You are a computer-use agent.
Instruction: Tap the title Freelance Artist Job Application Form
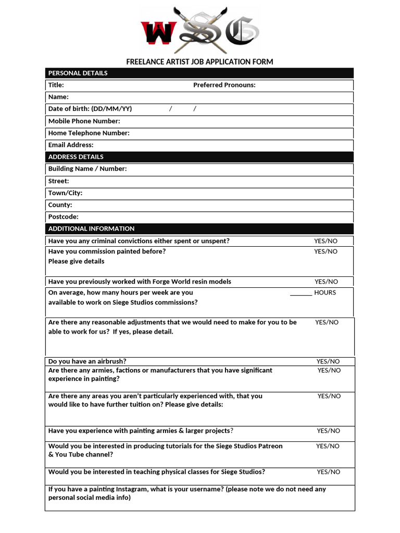click(199, 62)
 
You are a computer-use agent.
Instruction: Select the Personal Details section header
click(78, 73)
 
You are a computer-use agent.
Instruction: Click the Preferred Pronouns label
click(224, 85)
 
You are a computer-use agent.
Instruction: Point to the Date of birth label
click(90, 109)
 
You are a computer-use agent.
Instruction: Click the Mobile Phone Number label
click(84, 121)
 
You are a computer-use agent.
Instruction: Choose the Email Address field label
click(71, 145)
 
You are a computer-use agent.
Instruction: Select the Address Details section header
click(76, 157)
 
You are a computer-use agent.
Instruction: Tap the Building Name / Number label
click(87, 169)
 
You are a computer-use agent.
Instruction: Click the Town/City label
click(65, 193)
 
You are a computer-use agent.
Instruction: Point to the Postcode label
click(63, 217)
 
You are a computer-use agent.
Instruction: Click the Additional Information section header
click(91, 229)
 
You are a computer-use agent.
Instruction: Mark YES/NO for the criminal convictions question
click(326, 241)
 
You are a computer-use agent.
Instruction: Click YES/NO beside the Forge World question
click(326, 282)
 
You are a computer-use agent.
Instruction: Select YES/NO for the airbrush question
click(328, 361)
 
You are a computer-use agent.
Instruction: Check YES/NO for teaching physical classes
click(328, 472)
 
